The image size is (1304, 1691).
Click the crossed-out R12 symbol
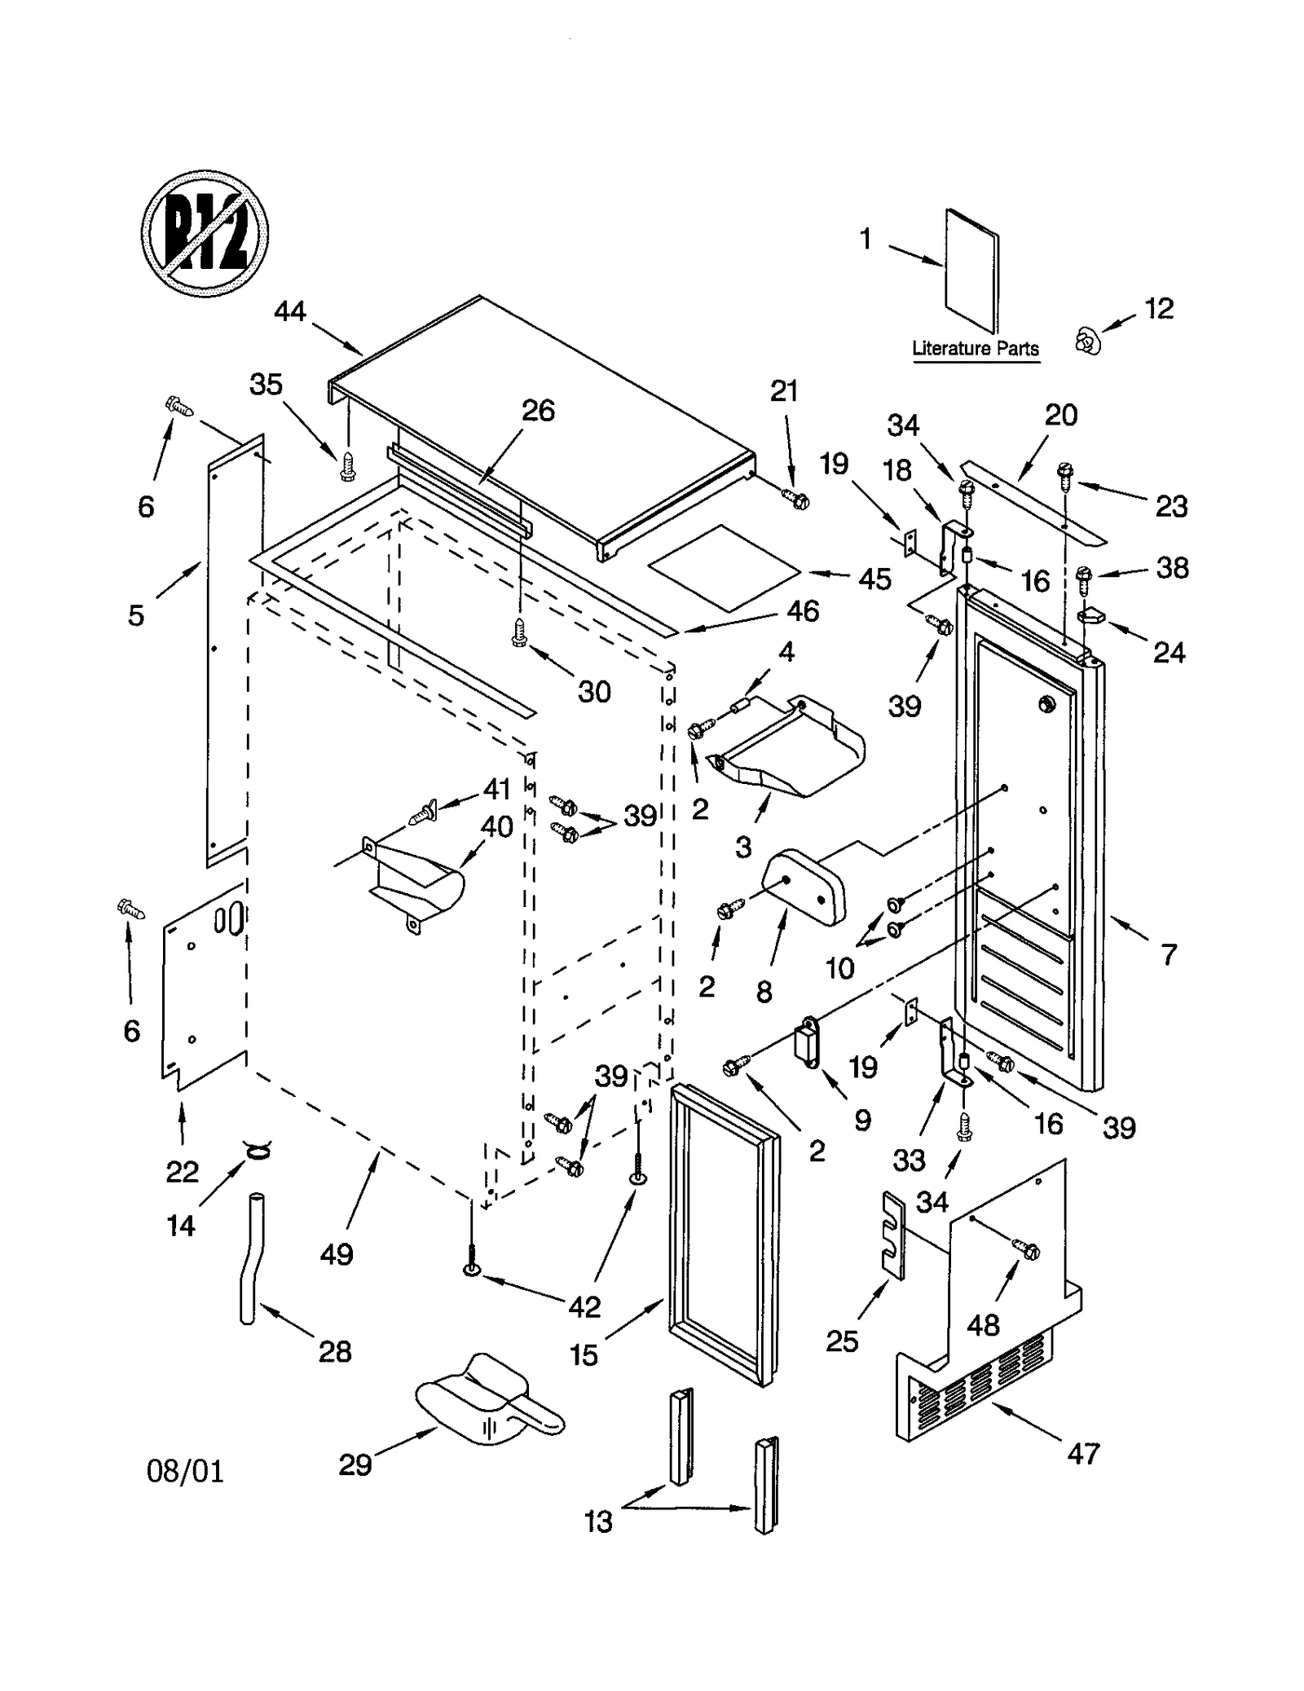tap(205, 234)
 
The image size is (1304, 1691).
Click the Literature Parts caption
tap(975, 349)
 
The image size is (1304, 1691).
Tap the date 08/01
tap(185, 1471)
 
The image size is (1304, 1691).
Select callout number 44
tap(289, 310)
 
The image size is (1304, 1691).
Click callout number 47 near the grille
tap(1083, 1453)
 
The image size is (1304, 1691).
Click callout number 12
tap(1158, 308)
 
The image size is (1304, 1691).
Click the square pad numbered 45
tap(723, 567)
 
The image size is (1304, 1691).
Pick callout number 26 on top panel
tap(538, 410)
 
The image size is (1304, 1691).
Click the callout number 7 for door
tap(1168, 953)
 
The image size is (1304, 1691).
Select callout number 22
tap(182, 1171)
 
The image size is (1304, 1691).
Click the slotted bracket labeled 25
tap(894, 1235)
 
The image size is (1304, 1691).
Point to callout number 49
tap(336, 1253)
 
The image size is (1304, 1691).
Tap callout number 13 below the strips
tap(597, 1521)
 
